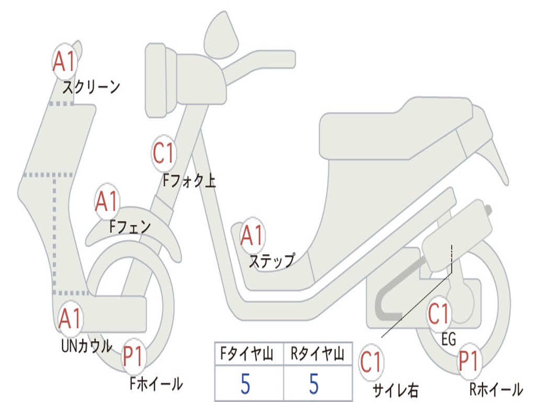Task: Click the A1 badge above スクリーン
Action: click(x=65, y=62)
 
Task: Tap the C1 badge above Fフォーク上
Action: click(x=164, y=153)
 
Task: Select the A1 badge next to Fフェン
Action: click(x=107, y=202)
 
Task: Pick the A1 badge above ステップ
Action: click(x=252, y=236)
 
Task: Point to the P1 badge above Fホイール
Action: click(x=133, y=356)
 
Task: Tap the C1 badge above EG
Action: click(x=439, y=314)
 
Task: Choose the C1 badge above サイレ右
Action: click(x=371, y=362)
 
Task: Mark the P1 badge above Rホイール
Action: click(x=469, y=361)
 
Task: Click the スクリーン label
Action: click(x=91, y=87)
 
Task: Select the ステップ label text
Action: click(x=272, y=261)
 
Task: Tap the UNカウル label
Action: click(x=87, y=346)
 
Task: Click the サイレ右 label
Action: click(x=396, y=390)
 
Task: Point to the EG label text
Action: click(x=449, y=339)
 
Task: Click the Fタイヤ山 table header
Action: click(x=247, y=354)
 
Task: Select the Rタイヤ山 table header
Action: click(x=318, y=354)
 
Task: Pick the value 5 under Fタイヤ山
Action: click(x=245, y=384)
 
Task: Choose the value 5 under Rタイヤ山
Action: click(x=314, y=384)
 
